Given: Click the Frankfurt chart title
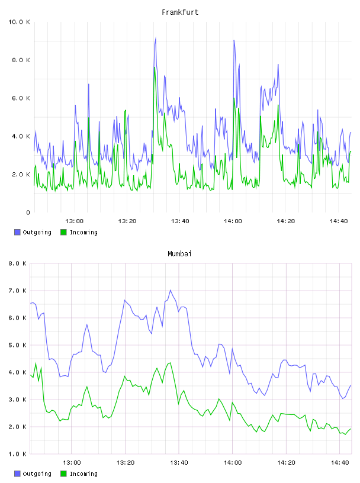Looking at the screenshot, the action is point(180,12).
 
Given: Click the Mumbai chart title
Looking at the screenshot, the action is point(179,254).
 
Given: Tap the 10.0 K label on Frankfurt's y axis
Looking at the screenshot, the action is point(19,22).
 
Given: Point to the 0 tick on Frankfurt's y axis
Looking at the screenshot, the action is point(28,212).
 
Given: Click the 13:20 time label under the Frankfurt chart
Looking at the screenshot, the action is point(127,221).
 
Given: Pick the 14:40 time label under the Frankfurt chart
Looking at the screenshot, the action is point(339,221).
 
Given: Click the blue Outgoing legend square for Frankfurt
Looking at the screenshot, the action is point(17,232).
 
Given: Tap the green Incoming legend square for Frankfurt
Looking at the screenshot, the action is point(63,232).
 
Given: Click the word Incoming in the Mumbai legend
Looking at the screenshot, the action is point(83,474).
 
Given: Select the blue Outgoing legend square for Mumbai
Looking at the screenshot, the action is point(17,474).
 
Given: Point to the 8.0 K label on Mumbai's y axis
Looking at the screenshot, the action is point(17,263).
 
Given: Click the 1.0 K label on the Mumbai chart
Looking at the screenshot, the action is point(17,454).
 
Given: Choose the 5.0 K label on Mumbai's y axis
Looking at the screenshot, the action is point(17,345).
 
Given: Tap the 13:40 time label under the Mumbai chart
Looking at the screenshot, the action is point(179,463).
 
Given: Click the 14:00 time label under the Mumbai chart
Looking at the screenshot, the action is point(233,463).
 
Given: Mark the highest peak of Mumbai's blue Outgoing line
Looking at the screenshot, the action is point(171,290).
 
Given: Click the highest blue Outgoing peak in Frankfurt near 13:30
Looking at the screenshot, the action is point(156,38).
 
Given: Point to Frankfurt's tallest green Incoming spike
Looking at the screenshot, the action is point(155,67).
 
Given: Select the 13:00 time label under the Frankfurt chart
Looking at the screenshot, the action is point(74,221).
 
